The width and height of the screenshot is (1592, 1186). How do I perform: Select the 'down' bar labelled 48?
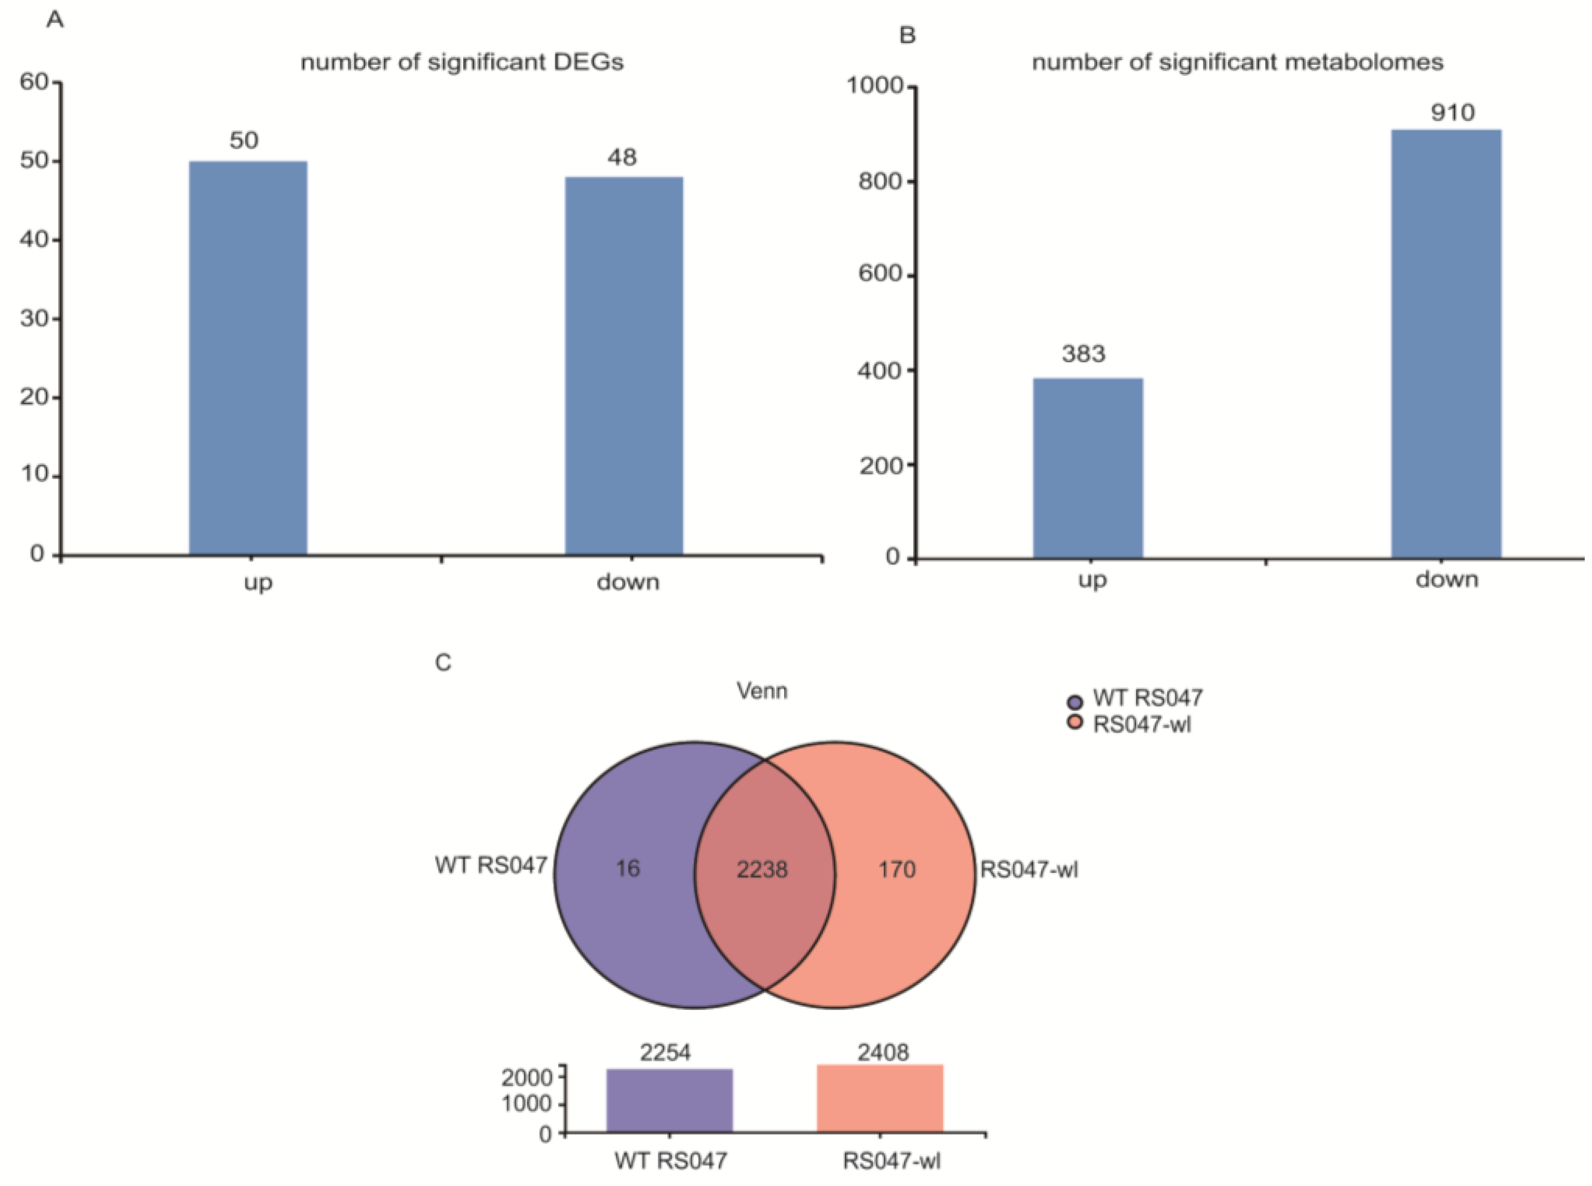pyautogui.click(x=623, y=365)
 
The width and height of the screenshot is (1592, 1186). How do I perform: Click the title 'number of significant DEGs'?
pyautogui.click(x=462, y=62)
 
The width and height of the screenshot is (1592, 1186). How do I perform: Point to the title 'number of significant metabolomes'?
pyautogui.click(x=1237, y=62)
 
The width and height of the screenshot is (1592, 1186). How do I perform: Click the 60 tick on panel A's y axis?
pyautogui.click(x=34, y=82)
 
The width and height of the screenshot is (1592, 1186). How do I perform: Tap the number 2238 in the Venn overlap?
pyautogui.click(x=762, y=869)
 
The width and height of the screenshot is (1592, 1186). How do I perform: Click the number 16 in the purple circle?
pyautogui.click(x=627, y=869)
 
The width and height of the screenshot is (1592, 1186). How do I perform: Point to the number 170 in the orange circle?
pyautogui.click(x=897, y=869)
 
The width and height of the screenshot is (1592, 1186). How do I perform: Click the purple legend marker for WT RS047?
pyautogui.click(x=1075, y=701)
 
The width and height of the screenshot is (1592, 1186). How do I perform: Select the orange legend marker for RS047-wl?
pyautogui.click(x=1075, y=722)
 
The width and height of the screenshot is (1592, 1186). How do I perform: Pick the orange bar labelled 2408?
pyautogui.click(x=879, y=1098)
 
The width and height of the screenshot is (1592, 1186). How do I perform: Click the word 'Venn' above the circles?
pyautogui.click(x=762, y=691)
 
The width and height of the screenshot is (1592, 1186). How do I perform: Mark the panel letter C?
pyautogui.click(x=443, y=662)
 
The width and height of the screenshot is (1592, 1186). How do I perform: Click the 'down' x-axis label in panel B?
pyautogui.click(x=1446, y=578)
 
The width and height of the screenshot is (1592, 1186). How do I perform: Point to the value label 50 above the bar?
pyautogui.click(x=244, y=140)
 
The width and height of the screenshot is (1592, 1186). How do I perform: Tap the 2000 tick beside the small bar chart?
pyautogui.click(x=526, y=1077)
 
